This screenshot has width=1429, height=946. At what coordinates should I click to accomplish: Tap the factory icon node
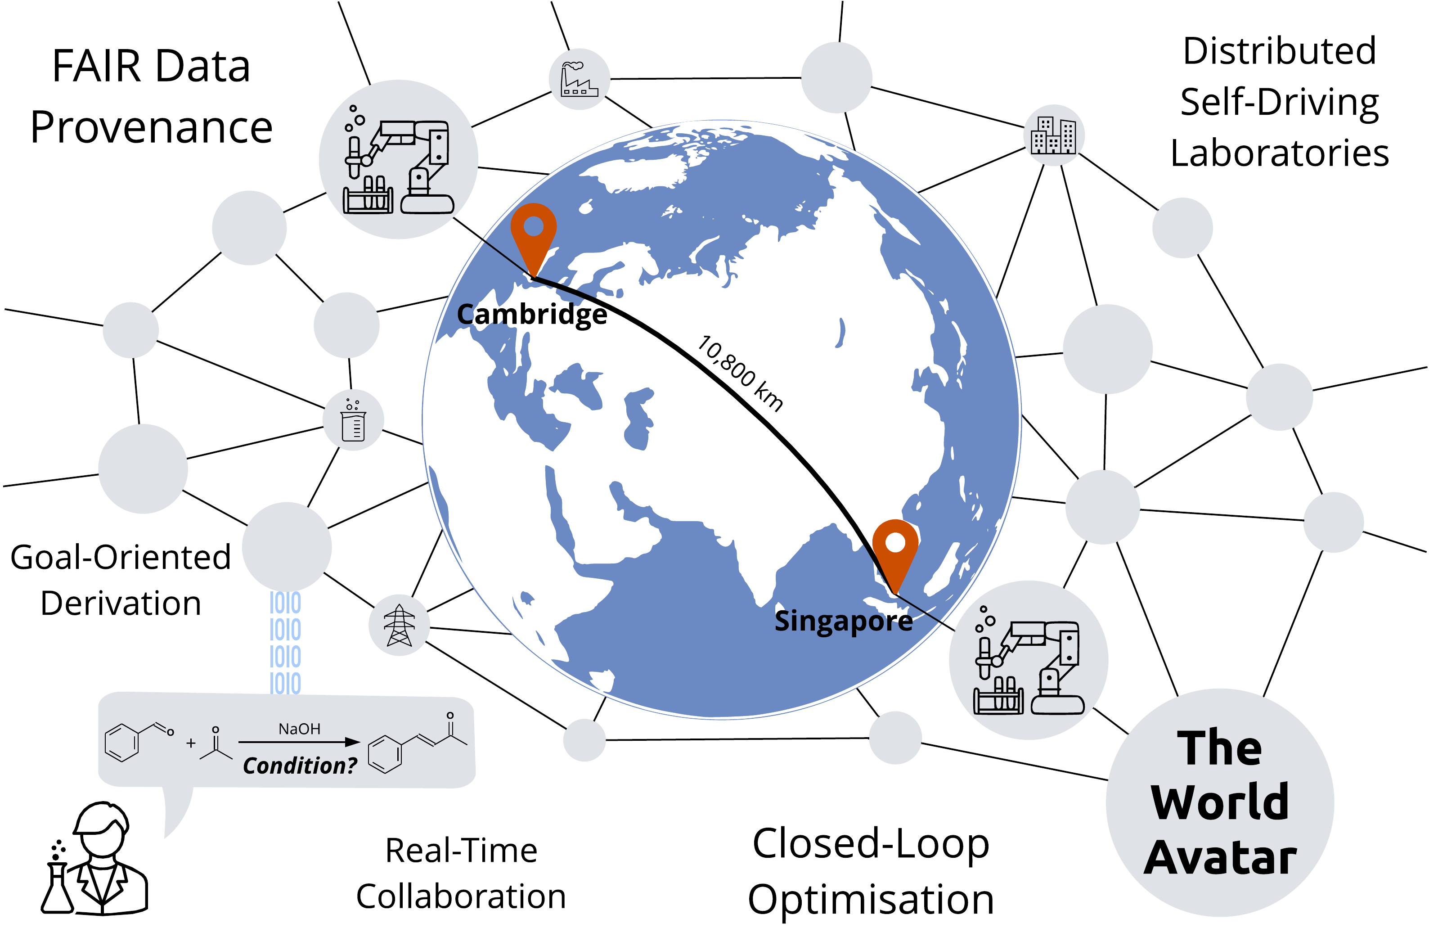tap(579, 79)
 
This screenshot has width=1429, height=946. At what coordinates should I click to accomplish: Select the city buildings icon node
tap(1054, 135)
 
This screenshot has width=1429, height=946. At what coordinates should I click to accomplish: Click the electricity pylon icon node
tap(400, 625)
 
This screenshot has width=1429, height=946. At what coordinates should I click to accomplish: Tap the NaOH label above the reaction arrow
tap(299, 729)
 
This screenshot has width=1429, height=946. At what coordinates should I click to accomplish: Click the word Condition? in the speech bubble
tap(300, 766)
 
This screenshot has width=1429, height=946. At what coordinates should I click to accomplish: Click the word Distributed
tap(1280, 51)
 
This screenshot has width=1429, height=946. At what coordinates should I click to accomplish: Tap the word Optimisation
tap(871, 900)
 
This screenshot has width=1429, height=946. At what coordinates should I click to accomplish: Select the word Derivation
tap(121, 604)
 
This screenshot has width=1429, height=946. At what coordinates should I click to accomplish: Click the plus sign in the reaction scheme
tap(191, 743)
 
